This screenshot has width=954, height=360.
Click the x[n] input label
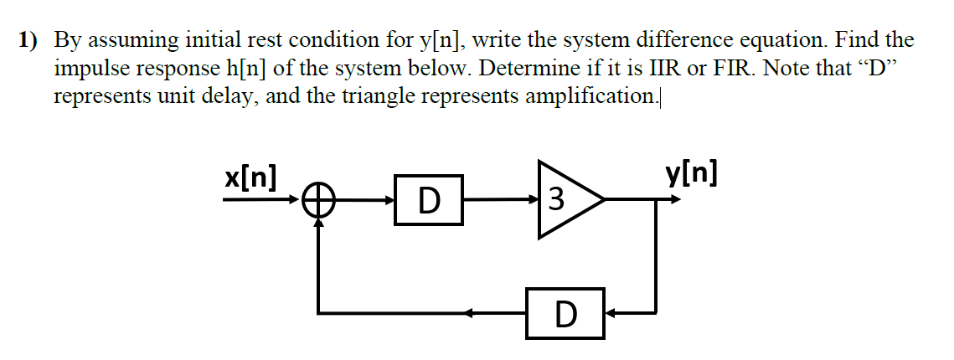coord(251,178)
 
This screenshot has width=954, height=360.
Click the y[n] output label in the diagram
coord(691,175)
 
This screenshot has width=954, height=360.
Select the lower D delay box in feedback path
coord(565,313)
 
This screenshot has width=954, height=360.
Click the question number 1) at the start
coord(30,40)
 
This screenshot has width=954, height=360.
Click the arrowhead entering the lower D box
coord(611,313)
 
